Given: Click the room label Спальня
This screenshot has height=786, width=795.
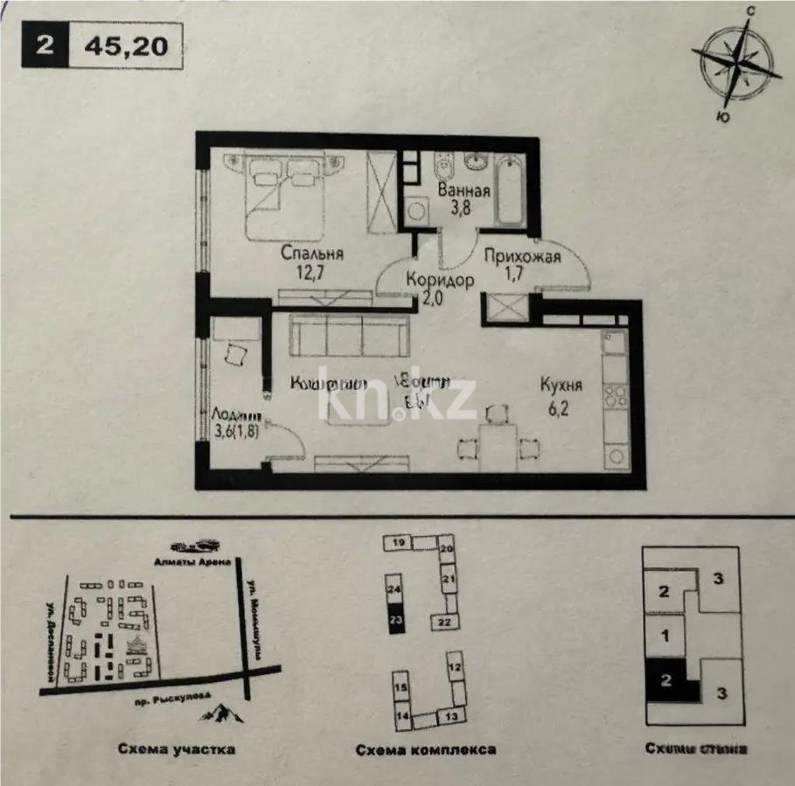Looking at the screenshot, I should point(311,254).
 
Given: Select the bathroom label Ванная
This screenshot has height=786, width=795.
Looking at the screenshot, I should point(464,191).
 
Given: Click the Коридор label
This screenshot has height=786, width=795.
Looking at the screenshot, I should point(440,281).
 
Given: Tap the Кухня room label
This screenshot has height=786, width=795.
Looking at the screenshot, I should point(561,385).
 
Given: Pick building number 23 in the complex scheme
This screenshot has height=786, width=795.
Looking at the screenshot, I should point(395,618).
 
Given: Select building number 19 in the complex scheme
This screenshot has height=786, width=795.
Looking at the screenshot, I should point(397,543).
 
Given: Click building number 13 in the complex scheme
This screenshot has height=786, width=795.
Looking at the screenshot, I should point(451,716).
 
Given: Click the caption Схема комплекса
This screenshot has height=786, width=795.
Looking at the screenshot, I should point(426,749).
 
